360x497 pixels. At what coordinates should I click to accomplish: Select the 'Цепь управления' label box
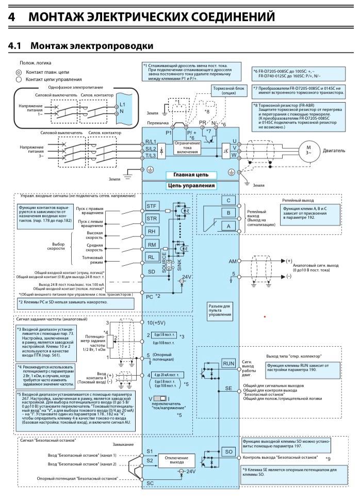[191, 186]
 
